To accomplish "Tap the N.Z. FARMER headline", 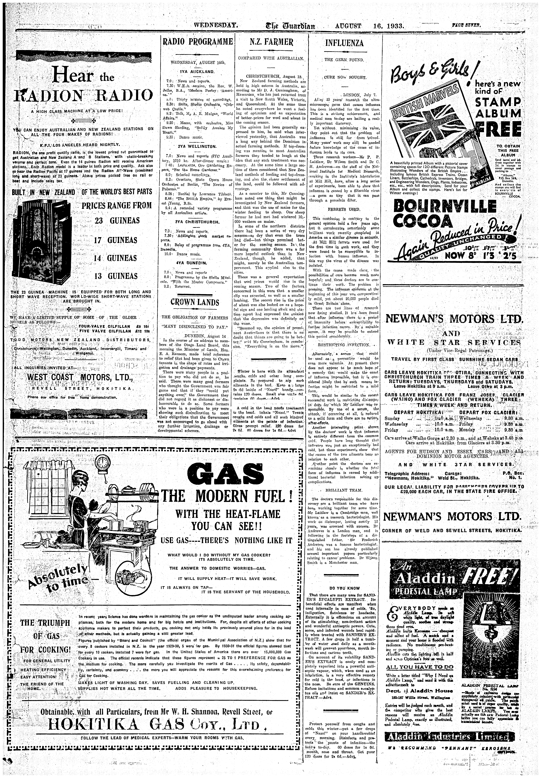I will pos(271,42).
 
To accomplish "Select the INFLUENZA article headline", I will pos(344,43).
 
